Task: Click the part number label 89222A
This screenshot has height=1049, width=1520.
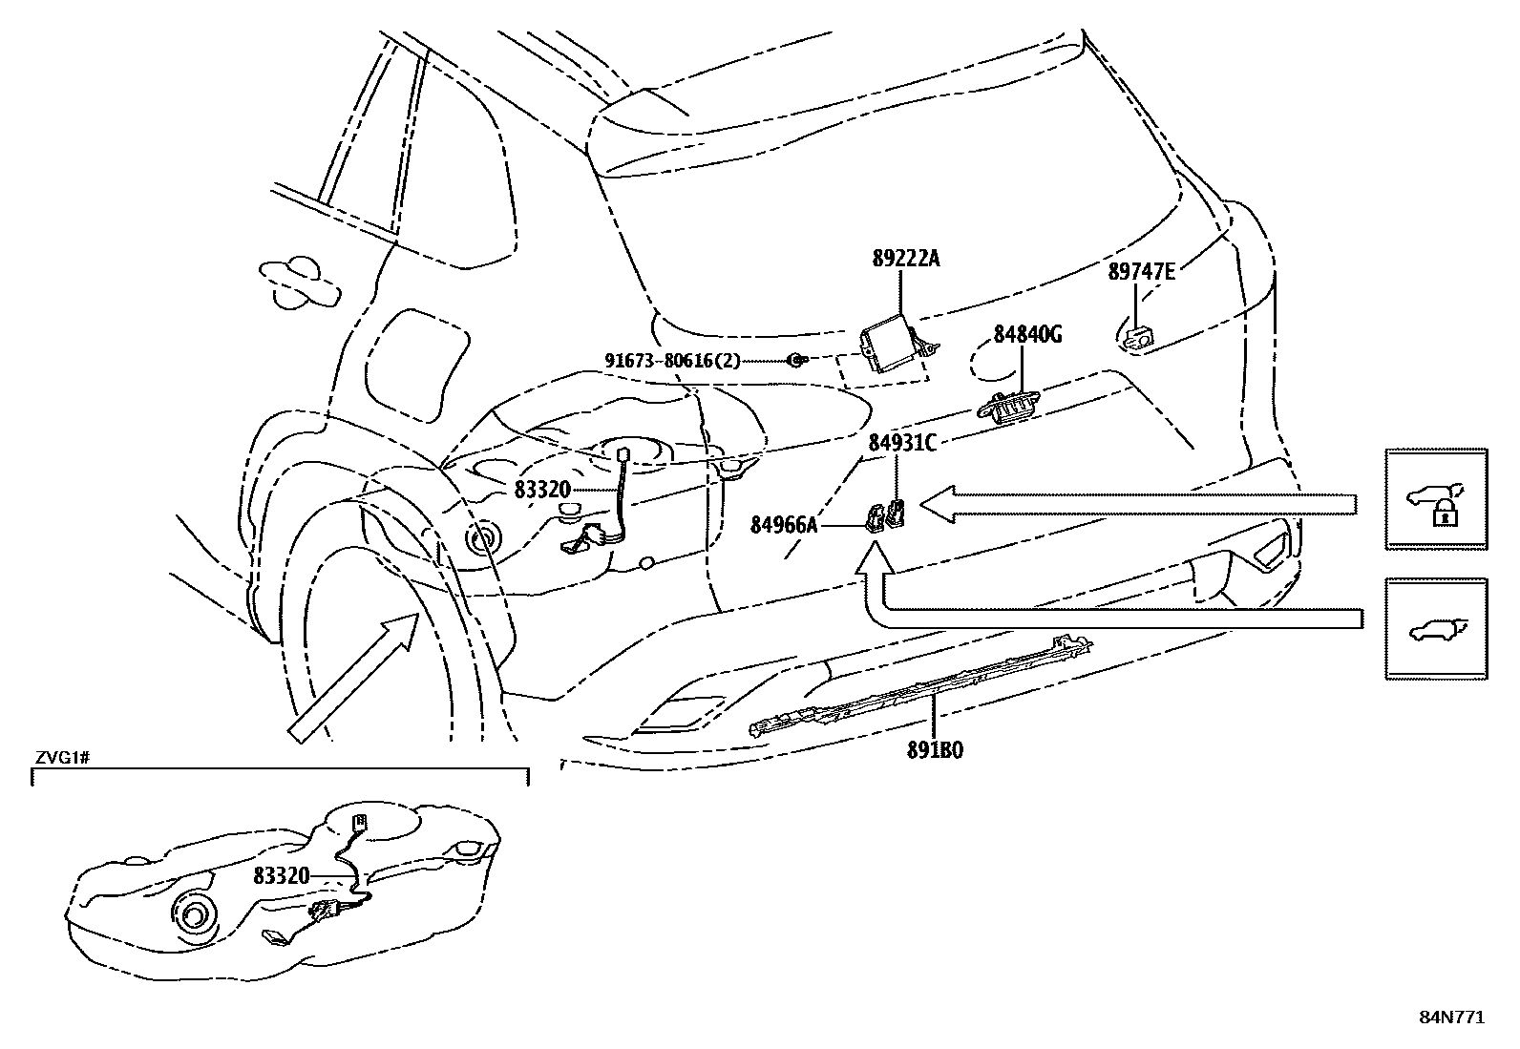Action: (906, 259)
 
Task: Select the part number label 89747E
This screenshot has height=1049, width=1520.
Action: (1141, 271)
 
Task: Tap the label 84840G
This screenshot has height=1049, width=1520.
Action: (1028, 334)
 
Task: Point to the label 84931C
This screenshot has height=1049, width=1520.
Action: (902, 443)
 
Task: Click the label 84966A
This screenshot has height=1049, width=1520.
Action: (784, 525)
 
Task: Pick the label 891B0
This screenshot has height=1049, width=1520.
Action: (935, 750)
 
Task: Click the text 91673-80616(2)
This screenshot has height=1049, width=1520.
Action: (672, 360)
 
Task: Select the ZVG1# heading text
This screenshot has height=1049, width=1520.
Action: (62, 757)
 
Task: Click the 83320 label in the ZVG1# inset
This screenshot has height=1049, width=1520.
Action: (282, 876)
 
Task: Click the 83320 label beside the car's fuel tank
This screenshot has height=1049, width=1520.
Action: (542, 490)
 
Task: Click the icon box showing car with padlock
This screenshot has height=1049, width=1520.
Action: (1437, 499)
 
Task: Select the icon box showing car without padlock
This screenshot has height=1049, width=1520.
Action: (1437, 629)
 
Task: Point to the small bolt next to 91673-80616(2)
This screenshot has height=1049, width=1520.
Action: (796, 360)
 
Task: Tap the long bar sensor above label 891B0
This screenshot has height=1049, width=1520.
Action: (921, 685)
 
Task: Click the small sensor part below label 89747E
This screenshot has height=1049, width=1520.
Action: (1139, 337)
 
